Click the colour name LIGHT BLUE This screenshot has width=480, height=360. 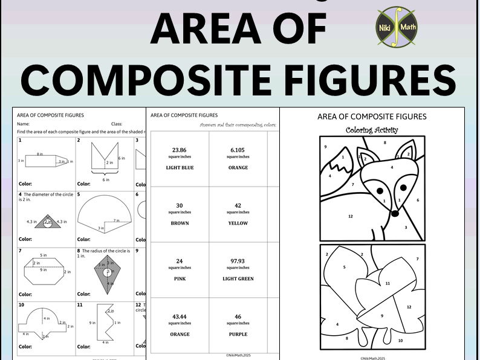[x=180, y=168]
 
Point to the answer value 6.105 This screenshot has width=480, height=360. [x=238, y=149]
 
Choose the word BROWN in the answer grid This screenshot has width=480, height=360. [x=180, y=223]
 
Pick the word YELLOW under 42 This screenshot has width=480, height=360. [x=238, y=223]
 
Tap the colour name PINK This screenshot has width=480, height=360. [x=179, y=279]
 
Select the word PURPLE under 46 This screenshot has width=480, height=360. [x=238, y=335]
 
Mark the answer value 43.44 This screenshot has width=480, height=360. [x=179, y=316]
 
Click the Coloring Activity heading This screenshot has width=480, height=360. [x=372, y=130]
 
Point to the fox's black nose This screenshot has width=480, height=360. [x=394, y=213]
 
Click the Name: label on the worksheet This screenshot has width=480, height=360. [x=24, y=123]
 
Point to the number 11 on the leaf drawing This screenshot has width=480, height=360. [x=388, y=283]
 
